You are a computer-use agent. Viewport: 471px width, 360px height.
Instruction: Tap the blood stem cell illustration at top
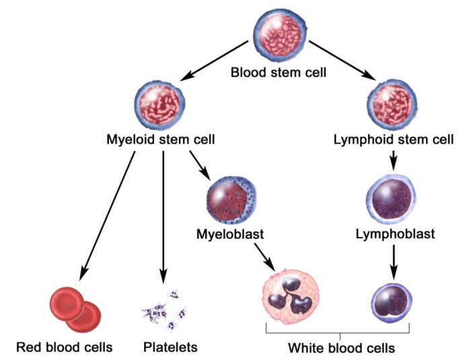pyautogui.click(x=279, y=32)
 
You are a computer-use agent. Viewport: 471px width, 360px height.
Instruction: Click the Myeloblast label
pyautogui.click(x=229, y=234)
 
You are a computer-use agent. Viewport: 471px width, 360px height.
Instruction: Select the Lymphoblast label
pyautogui.click(x=394, y=234)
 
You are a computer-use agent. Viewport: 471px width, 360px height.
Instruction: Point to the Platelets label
pyautogui.click(x=170, y=348)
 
